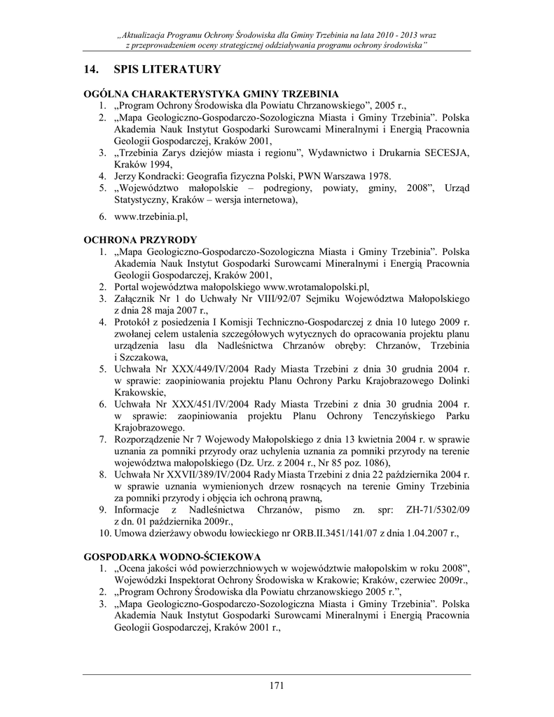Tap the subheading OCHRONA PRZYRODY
[139, 239]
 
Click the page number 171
[277, 685]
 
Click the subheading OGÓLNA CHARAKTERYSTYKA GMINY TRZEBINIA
[211, 92]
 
